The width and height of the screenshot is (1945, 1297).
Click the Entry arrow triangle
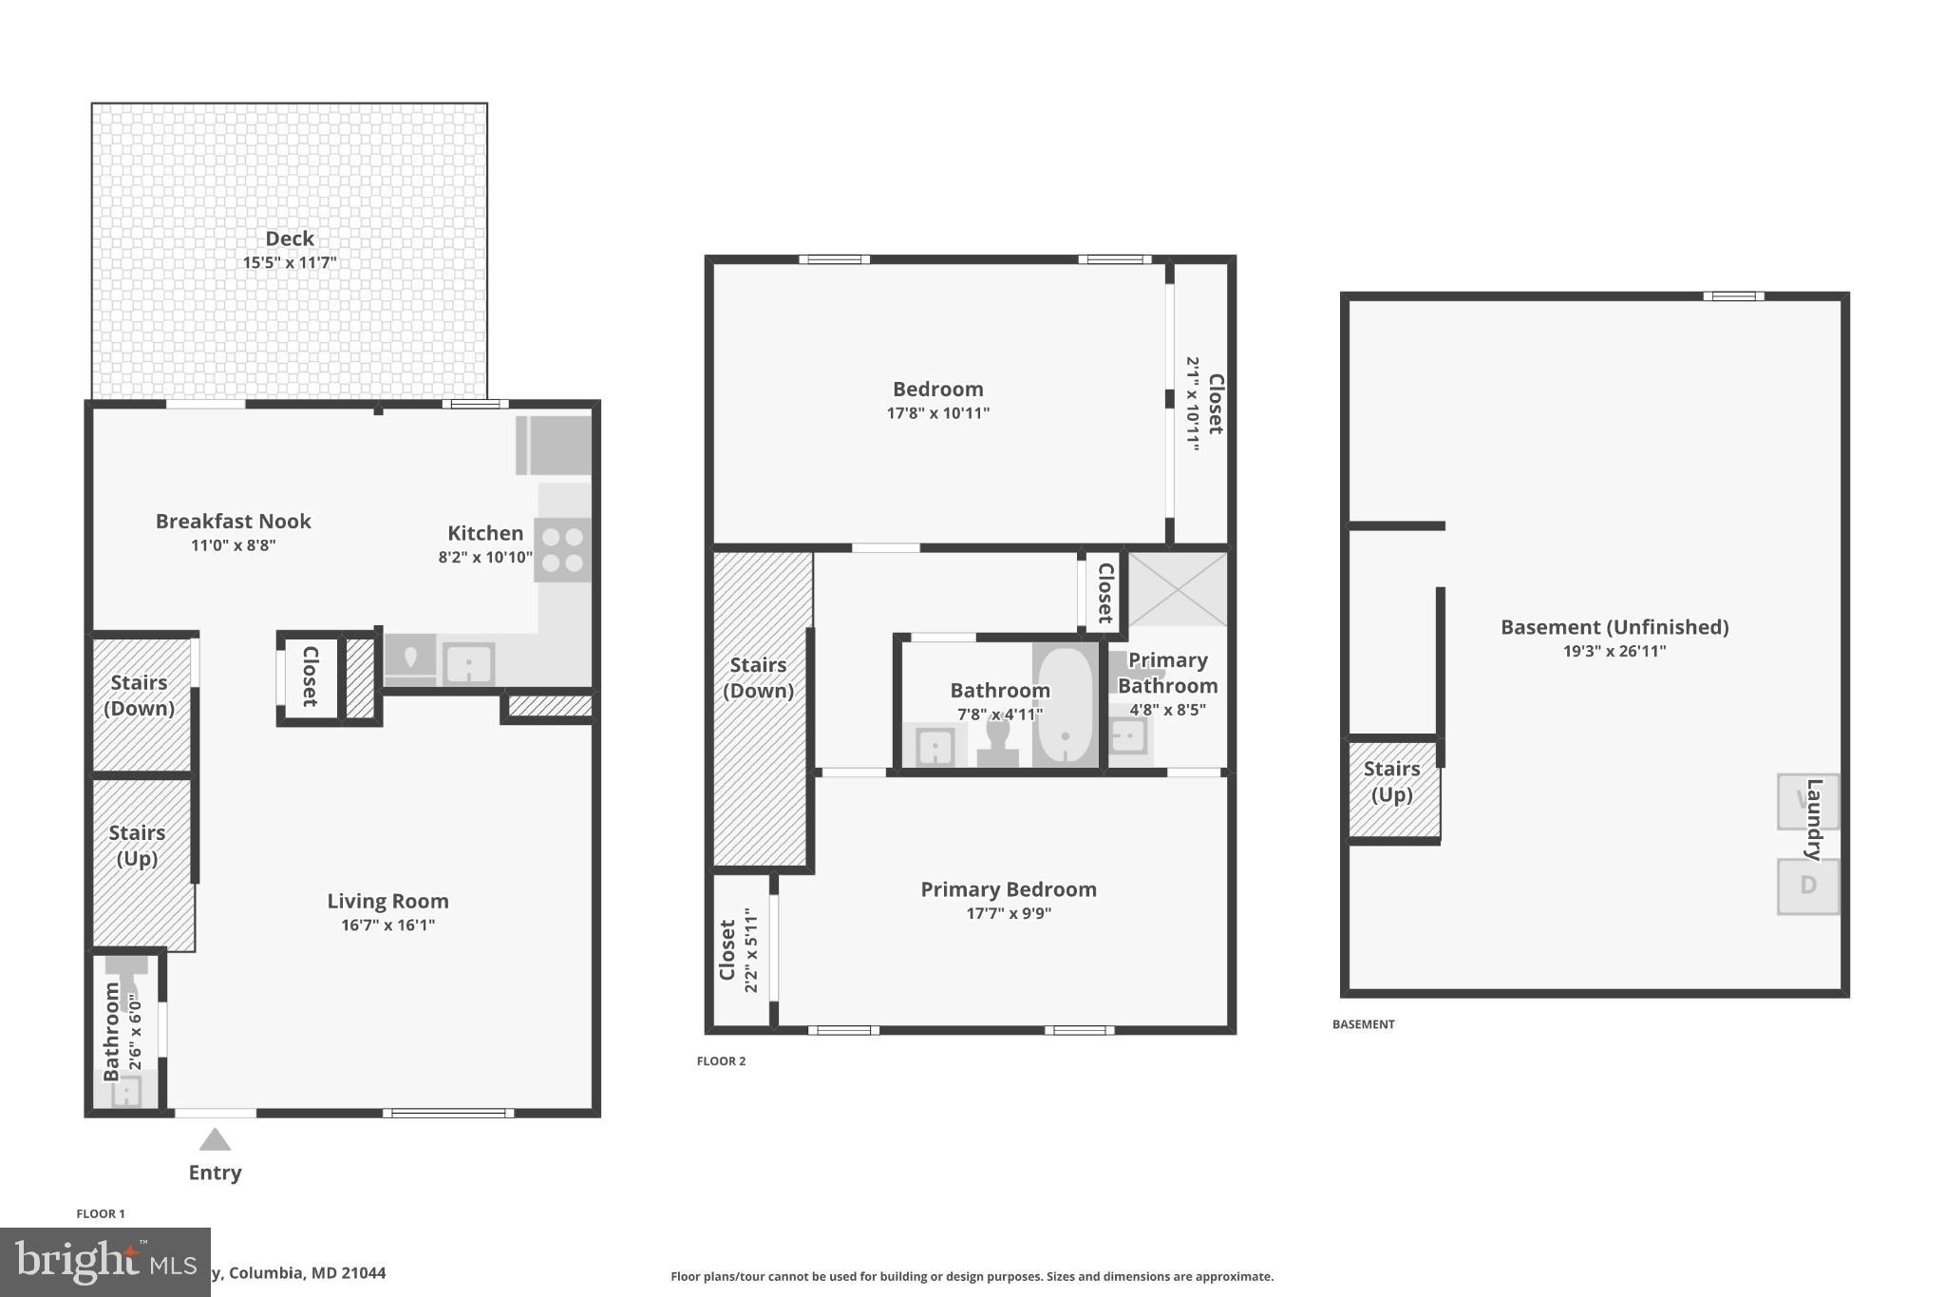point(215,1139)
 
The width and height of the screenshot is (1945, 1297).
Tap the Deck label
point(290,238)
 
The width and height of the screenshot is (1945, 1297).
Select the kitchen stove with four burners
point(562,550)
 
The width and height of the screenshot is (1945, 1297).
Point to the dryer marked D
point(1807,886)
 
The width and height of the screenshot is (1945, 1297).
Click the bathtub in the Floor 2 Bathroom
point(1065,705)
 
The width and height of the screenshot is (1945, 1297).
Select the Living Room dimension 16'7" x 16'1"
point(387,925)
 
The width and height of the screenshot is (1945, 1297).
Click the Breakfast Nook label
point(234,521)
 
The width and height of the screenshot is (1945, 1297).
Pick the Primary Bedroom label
point(1009,889)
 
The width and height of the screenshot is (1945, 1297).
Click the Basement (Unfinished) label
point(1614,627)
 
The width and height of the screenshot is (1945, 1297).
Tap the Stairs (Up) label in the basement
point(1391,781)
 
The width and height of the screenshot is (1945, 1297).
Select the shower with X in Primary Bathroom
point(1177,588)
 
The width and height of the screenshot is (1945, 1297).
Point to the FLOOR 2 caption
point(721,1060)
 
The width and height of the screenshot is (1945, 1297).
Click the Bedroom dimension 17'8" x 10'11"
point(937,412)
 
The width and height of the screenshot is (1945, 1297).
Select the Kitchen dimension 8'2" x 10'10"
point(484,557)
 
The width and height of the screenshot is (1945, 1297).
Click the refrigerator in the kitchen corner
point(554,445)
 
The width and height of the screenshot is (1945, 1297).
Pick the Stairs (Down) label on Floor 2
point(758,677)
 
